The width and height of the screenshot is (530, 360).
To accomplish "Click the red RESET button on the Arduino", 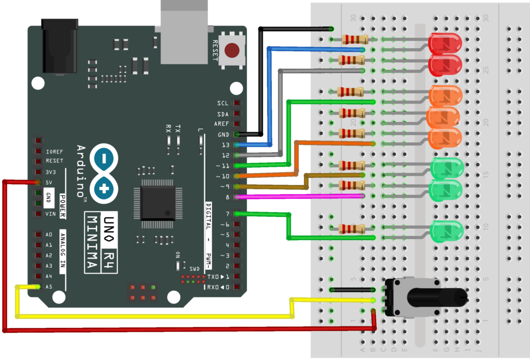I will tap(232, 50).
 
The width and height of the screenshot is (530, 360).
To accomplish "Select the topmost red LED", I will tap(445, 43).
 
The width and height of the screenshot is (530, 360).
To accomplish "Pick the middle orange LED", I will tap(443, 117).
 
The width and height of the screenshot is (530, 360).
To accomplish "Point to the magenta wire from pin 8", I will tap(300, 197).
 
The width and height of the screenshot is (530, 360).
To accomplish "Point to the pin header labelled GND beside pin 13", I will tap(237, 134).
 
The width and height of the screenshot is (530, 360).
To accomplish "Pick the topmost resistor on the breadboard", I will tap(355, 39).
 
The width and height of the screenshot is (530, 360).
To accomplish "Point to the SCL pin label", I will tap(223, 103).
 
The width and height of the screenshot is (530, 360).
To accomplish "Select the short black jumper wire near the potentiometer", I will tap(352, 290).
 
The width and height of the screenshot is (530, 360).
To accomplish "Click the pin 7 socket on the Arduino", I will tap(237, 214).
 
